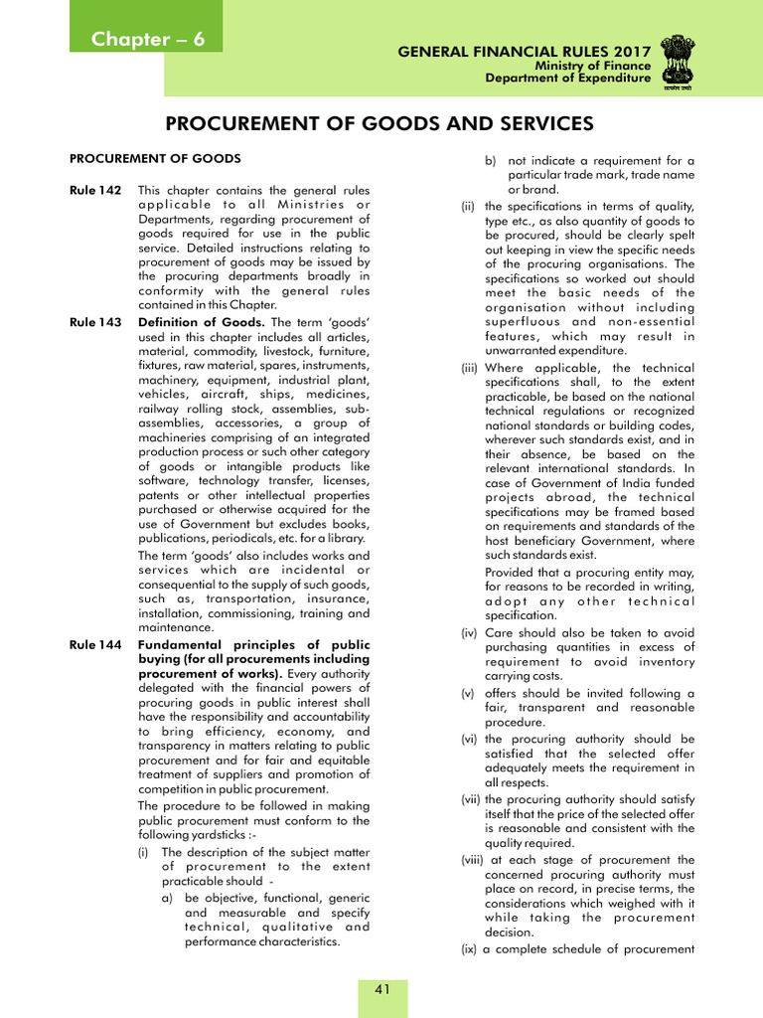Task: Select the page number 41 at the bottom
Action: coord(381,988)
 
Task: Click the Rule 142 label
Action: coord(95,190)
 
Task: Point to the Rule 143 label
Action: coord(95,322)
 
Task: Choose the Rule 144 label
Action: coord(95,645)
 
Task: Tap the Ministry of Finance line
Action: coord(593,66)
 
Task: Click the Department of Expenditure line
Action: coord(568,79)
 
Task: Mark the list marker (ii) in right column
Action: coord(467,207)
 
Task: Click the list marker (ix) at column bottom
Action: coord(468,949)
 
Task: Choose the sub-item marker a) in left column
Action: coord(168,898)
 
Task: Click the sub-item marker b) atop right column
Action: coord(490,160)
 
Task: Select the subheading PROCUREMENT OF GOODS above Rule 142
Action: coord(155,158)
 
